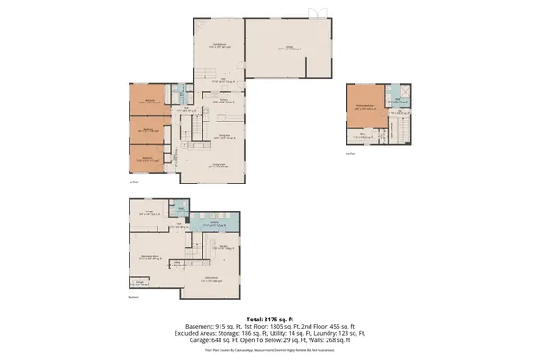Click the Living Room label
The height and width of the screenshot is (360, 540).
click(218, 163)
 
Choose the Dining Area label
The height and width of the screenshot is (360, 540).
click(218, 134)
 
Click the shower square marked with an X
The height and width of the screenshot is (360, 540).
click(406, 93)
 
